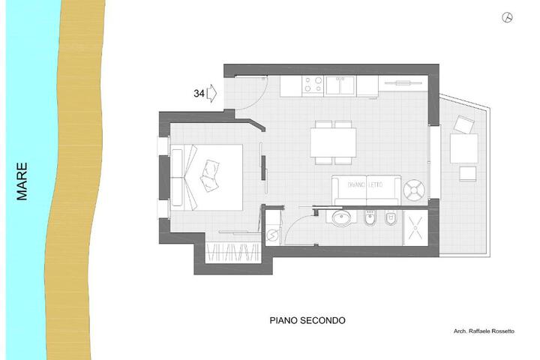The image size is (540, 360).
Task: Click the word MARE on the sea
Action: [x=22, y=181]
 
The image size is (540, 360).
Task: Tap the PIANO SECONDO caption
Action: [x=307, y=321]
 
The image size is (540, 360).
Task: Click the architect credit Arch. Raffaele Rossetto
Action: [x=484, y=331]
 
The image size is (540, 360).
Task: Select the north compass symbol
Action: [x=507, y=17]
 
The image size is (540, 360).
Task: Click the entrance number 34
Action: [x=199, y=93]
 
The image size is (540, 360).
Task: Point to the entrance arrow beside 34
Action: [x=211, y=93]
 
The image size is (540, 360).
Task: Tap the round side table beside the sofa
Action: [x=414, y=190]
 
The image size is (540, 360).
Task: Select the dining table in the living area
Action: [x=333, y=142]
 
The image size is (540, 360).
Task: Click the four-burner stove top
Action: [x=313, y=85]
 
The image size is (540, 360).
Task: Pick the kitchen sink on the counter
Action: [x=340, y=85]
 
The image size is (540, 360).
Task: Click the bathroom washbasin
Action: [x=342, y=217]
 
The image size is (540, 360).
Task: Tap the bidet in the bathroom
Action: [x=370, y=218]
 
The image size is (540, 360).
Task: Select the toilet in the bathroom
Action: [x=391, y=218]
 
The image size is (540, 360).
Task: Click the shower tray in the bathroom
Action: [x=415, y=228]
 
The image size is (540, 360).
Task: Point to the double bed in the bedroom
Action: [x=207, y=178]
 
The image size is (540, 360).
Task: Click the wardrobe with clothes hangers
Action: [x=232, y=253]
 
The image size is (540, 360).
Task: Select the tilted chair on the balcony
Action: [x=463, y=124]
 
